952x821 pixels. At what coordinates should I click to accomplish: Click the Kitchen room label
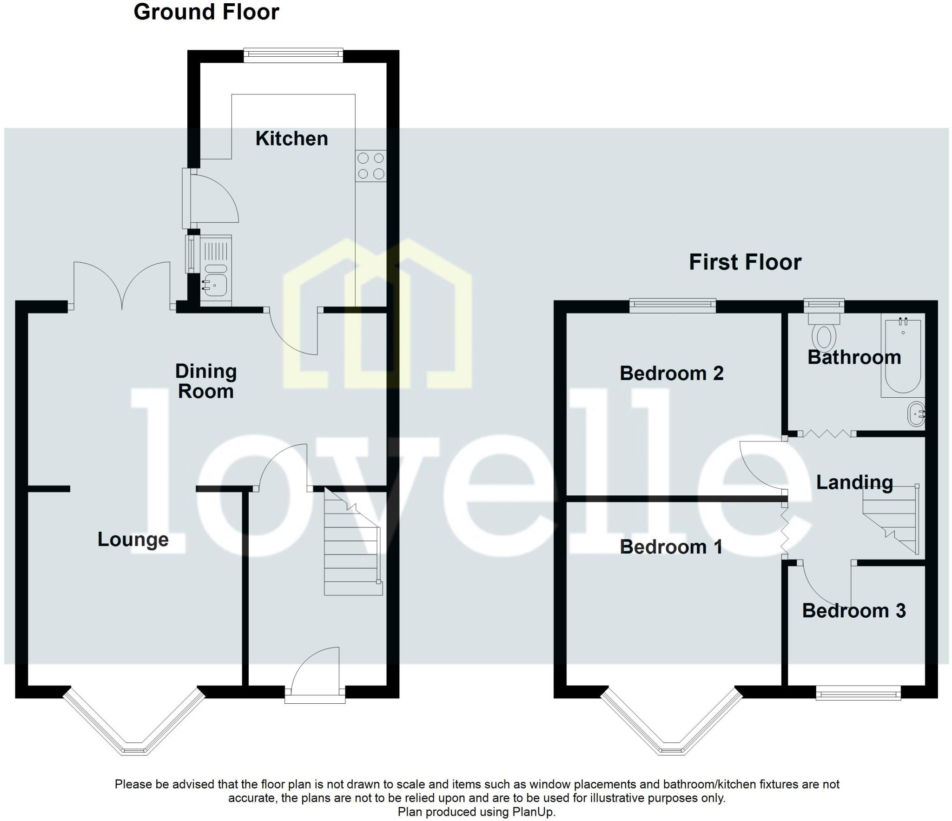pos(291,139)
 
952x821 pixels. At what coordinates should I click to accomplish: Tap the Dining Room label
pos(206,381)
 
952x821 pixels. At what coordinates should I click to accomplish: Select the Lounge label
pos(133,540)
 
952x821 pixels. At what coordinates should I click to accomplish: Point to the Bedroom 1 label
pos(671,547)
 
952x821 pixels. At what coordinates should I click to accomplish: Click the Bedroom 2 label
pos(671,374)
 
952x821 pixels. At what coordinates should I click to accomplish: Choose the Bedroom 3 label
pos(853,611)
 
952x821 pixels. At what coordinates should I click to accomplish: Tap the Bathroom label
pos(854,357)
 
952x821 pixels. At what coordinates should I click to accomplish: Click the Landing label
pos(854,482)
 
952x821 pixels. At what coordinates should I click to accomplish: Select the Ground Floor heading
pos(206,12)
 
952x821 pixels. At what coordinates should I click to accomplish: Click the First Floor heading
pos(745,262)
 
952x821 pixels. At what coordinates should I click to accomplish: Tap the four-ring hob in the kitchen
pos(371,166)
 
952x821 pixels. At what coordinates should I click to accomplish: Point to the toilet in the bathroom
pos(823,333)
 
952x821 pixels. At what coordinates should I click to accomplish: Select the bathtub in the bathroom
pos(903,356)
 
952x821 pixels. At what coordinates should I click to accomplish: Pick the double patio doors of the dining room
pos(122,286)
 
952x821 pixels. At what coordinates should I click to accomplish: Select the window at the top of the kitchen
pos(293,55)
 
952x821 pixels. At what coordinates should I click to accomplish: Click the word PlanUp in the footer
pos(534,812)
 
